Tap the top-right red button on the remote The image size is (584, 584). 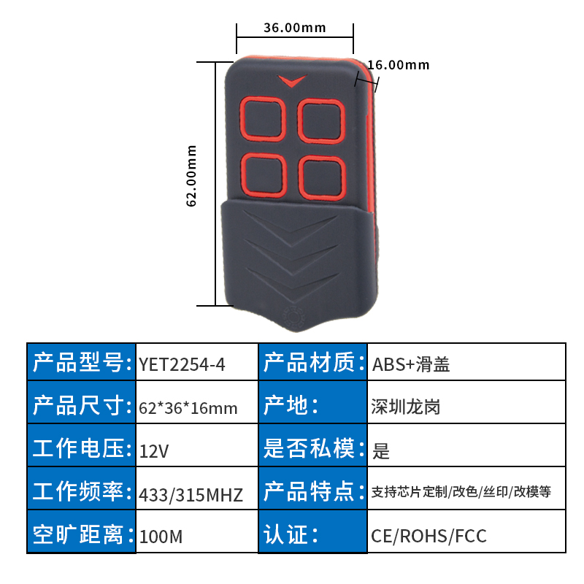point(320,119)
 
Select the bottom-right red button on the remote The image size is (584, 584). point(320,177)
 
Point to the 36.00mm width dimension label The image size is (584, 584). point(294,28)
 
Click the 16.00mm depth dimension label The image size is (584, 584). point(398,65)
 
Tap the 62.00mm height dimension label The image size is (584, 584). point(192,175)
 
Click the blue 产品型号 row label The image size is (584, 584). point(82,362)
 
